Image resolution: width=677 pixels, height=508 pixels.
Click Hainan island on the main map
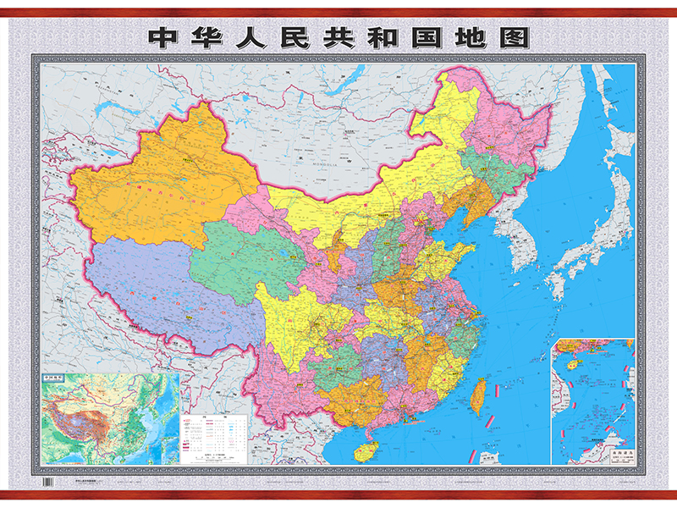(x=366, y=450)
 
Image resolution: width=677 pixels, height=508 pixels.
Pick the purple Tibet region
(x=161, y=288)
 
